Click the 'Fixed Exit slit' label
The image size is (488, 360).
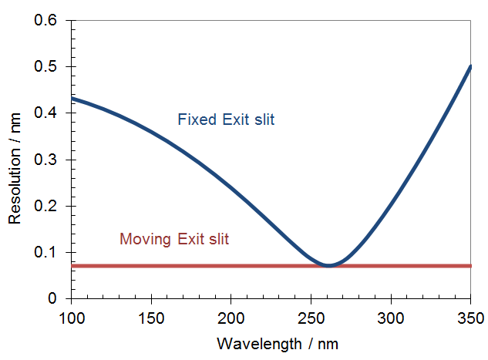click(x=226, y=120)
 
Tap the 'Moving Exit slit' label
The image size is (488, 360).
click(x=174, y=240)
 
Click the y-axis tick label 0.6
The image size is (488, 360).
click(x=47, y=21)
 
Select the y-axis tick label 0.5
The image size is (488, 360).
click(x=47, y=67)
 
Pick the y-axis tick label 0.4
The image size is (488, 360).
click(x=47, y=113)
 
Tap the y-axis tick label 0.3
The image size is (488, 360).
click(x=47, y=160)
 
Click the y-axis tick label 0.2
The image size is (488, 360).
click(x=47, y=206)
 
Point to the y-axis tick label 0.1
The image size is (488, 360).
click(x=47, y=252)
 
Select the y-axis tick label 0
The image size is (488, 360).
click(x=53, y=298)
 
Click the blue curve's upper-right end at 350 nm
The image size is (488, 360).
click(x=469, y=66)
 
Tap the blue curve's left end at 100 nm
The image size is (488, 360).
click(x=72, y=99)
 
